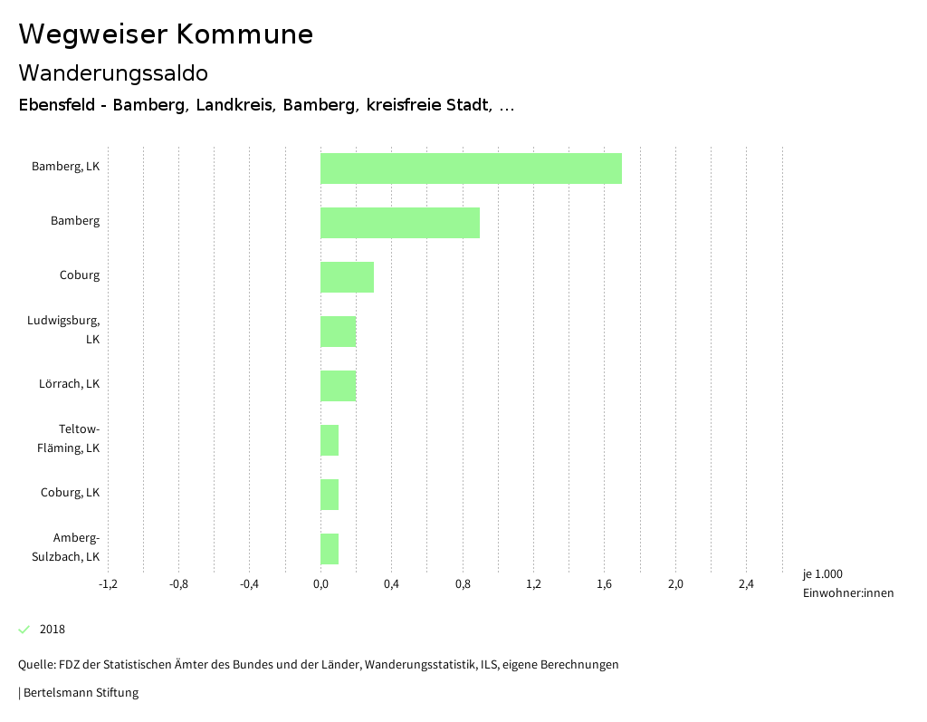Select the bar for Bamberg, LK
pyautogui.click(x=471, y=168)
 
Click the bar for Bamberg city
pyautogui.click(x=399, y=223)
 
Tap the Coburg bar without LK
pyautogui.click(x=347, y=277)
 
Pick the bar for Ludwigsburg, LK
pyautogui.click(x=338, y=332)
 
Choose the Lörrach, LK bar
pyautogui.click(x=338, y=386)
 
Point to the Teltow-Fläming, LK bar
pyautogui.click(x=330, y=440)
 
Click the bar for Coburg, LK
pyautogui.click(x=330, y=495)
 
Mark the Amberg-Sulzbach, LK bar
pyautogui.click(x=330, y=549)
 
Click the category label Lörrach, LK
pyautogui.click(x=70, y=384)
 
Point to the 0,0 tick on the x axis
pyautogui.click(x=320, y=584)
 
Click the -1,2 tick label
pyautogui.click(x=108, y=584)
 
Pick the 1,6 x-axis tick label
pyautogui.click(x=605, y=584)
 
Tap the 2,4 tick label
pyautogui.click(x=747, y=584)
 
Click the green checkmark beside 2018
pyautogui.click(x=24, y=630)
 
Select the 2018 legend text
pyautogui.click(x=53, y=630)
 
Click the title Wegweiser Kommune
pyautogui.click(x=166, y=34)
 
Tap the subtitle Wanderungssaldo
pyautogui.click(x=113, y=73)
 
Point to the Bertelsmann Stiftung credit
pyautogui.click(x=80, y=693)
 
